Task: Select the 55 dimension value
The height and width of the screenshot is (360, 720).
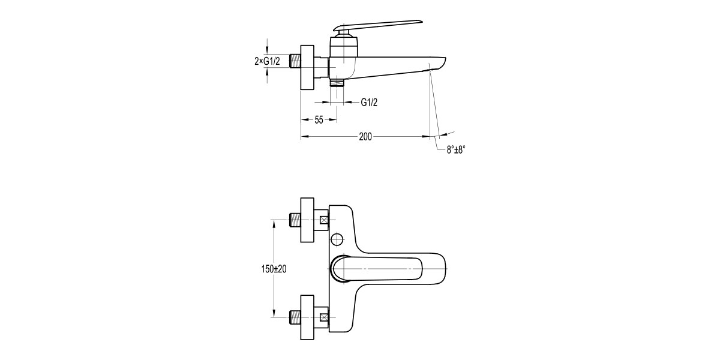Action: [319, 120]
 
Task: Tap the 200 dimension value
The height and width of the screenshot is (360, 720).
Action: [365, 137]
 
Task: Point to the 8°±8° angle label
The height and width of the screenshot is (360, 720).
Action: [456, 150]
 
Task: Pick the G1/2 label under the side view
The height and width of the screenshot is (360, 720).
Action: [369, 103]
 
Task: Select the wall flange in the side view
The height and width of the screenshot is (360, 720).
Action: [308, 67]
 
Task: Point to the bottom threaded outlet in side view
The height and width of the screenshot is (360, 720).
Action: [338, 82]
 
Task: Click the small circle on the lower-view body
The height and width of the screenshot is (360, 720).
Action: [337, 240]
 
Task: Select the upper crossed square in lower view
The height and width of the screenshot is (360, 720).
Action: [325, 220]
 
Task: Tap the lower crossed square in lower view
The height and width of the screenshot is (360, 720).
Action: [325, 317]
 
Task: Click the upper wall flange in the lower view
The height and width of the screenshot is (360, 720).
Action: [307, 220]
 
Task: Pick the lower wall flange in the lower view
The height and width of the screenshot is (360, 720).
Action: [307, 317]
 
